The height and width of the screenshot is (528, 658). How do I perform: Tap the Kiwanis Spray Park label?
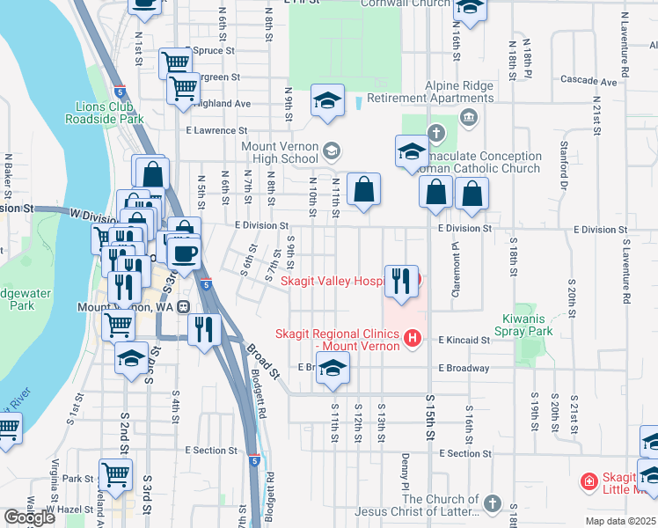tap(527, 325)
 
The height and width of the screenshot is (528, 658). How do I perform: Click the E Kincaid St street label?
tap(460, 340)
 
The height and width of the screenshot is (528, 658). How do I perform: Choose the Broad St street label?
tap(262, 362)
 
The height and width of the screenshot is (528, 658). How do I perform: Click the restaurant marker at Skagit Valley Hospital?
tap(401, 282)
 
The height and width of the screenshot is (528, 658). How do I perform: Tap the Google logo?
tap(30, 517)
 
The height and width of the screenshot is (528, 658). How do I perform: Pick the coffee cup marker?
tap(184, 253)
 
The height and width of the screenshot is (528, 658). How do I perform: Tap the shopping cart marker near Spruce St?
tap(175, 62)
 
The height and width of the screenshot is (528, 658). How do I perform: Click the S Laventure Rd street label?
tap(626, 269)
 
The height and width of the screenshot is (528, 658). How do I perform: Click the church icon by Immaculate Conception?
tap(435, 134)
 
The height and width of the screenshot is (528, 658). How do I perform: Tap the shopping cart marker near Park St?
tap(116, 475)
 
